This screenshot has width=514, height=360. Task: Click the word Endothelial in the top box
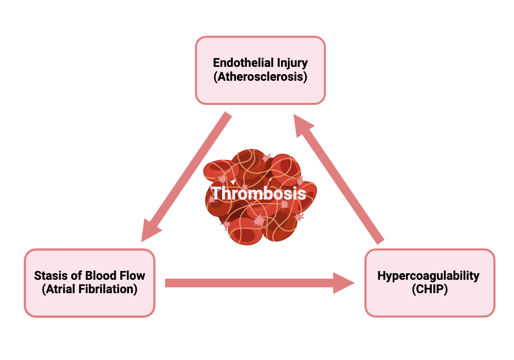(239, 62)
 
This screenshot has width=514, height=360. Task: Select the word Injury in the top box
(288, 63)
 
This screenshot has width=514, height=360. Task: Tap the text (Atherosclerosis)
(260, 77)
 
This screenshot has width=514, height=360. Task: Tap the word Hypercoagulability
(429, 276)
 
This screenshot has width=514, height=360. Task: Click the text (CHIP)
(430, 289)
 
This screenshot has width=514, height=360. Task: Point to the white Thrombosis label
(259, 193)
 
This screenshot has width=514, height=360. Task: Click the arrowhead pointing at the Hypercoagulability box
(344, 283)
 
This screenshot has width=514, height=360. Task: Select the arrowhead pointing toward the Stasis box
(151, 230)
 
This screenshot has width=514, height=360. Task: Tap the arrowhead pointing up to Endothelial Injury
(304, 126)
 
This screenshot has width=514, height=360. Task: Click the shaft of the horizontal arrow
(249, 283)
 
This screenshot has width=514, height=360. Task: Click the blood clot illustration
(260, 197)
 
